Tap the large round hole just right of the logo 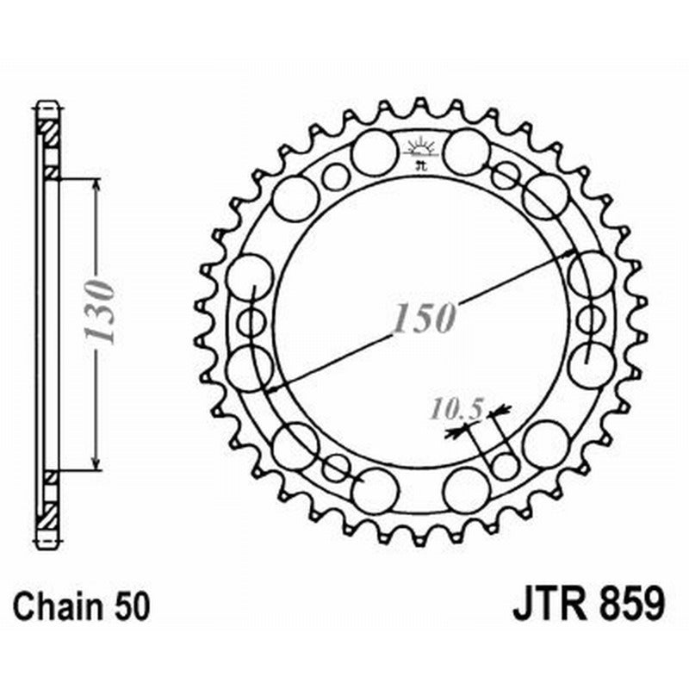pos(467,152)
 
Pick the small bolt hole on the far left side pos(251,322)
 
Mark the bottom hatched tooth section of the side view pos(48,517)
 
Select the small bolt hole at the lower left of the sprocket pos(336,468)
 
